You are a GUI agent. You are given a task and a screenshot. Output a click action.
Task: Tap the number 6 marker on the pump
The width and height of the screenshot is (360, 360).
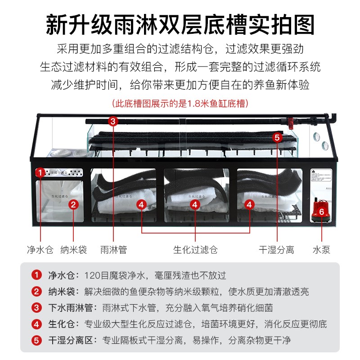tap(321, 211)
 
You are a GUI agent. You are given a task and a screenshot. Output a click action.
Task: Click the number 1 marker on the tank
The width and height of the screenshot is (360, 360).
tap(40, 172)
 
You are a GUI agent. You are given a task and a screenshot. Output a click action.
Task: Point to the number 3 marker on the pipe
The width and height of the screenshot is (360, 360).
tap(113, 121)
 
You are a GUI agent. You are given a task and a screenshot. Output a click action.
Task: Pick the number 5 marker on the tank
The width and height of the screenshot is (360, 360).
tap(277, 137)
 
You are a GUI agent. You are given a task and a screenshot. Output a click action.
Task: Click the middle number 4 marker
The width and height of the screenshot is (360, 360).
tap(195, 204)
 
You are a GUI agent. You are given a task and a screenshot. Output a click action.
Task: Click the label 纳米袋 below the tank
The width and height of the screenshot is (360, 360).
tap(73, 249)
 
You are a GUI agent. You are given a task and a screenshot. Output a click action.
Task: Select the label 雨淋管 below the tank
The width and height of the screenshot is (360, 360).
tap(113, 249)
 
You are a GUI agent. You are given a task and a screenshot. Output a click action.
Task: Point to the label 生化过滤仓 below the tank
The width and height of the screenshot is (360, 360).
tap(195, 249)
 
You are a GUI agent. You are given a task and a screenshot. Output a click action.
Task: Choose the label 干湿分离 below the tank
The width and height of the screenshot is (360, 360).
tap(276, 249)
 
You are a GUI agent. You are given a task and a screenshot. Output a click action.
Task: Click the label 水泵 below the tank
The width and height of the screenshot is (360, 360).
tap(321, 249)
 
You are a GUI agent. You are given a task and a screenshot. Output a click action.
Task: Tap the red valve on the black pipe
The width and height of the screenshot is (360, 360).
tap(290, 121)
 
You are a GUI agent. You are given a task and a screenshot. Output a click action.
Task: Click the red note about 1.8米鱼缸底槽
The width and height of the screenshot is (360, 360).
tap(180, 103)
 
